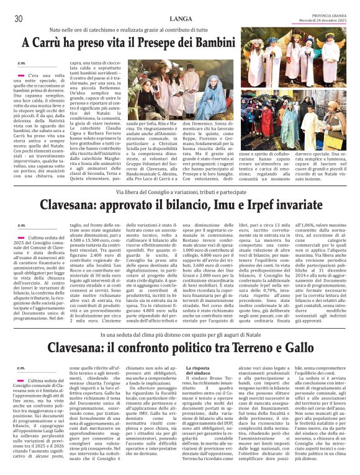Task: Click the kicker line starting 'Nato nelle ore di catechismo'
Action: pos(180,29)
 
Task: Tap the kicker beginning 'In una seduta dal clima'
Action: pos(180,334)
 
